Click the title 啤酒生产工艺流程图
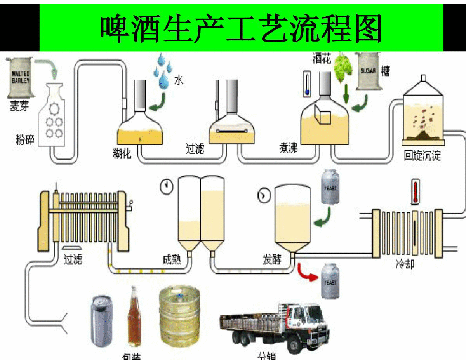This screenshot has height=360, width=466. pyautogui.click(x=241, y=28)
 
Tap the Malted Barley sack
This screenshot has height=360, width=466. pyautogui.click(x=21, y=78)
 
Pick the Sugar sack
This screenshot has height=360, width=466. pyautogui.click(x=367, y=71)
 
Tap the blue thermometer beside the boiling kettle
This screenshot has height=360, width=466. pyautogui.click(x=307, y=83)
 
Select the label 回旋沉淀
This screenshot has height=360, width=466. pyautogui.click(x=422, y=156)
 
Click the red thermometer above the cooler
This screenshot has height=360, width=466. pyautogui.click(x=416, y=191)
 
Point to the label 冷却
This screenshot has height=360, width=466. pyautogui.click(x=405, y=264)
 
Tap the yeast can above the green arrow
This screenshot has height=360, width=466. pyautogui.click(x=330, y=187)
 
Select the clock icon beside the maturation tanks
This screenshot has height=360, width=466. pyautogui.click(x=166, y=186)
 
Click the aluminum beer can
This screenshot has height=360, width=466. pyautogui.click(x=102, y=321)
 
